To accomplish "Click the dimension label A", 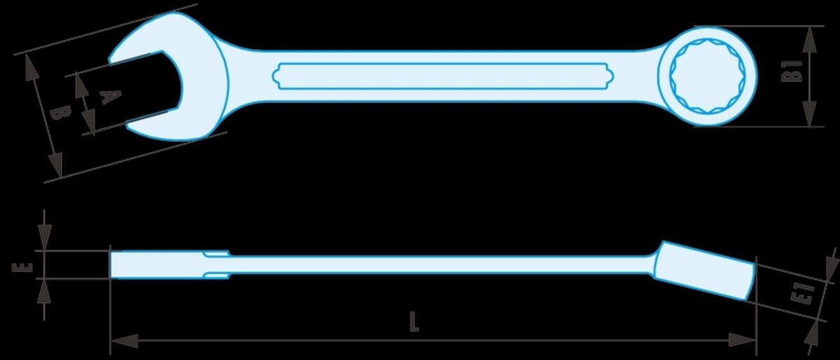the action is click(x=111, y=97).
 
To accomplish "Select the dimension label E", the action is click(x=22, y=268).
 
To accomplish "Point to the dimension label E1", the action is click(x=802, y=295).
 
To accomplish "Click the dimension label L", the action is click(x=414, y=321).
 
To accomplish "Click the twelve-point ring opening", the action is click(x=707, y=76).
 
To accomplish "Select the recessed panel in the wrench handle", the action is click(x=443, y=76).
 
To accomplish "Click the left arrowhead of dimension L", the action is click(x=125, y=341).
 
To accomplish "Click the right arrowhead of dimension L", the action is click(x=741, y=340).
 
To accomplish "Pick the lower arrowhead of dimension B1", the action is click(x=809, y=113).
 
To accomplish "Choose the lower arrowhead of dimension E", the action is click(x=44, y=291).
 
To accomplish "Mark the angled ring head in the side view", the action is click(x=704, y=270).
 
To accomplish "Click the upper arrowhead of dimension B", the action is click(x=31, y=67).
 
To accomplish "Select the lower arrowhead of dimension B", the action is click(x=55, y=164).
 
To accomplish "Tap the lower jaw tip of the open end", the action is click(x=128, y=126).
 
